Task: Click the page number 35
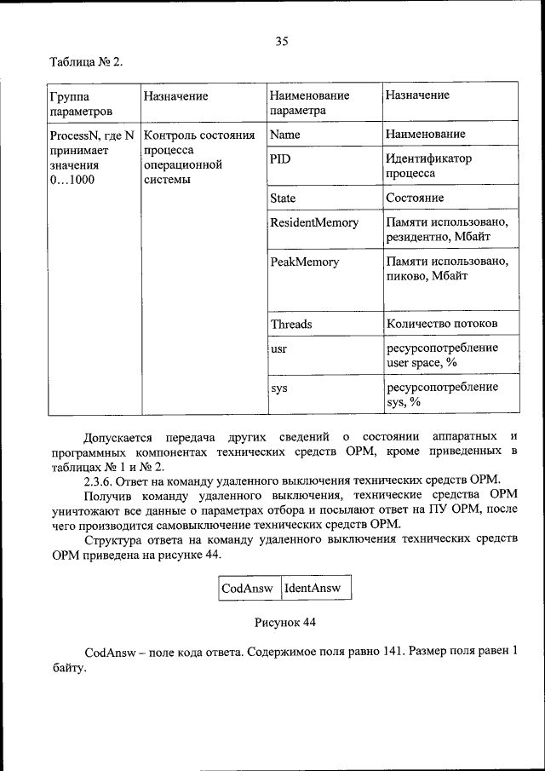pos(283,39)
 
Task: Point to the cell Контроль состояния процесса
pos(199,157)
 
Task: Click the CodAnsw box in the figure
pos(248,588)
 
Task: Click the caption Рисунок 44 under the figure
pos(285,622)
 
